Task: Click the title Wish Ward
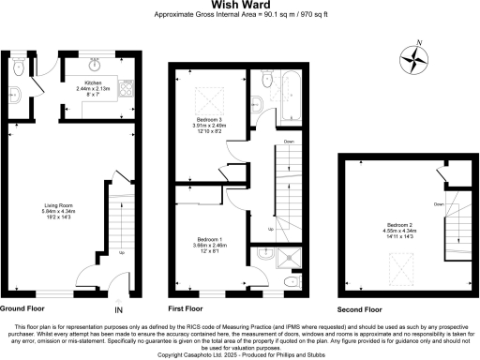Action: click(239, 6)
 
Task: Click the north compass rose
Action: click(413, 58)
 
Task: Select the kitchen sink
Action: click(95, 62)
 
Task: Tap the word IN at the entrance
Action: click(119, 309)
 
